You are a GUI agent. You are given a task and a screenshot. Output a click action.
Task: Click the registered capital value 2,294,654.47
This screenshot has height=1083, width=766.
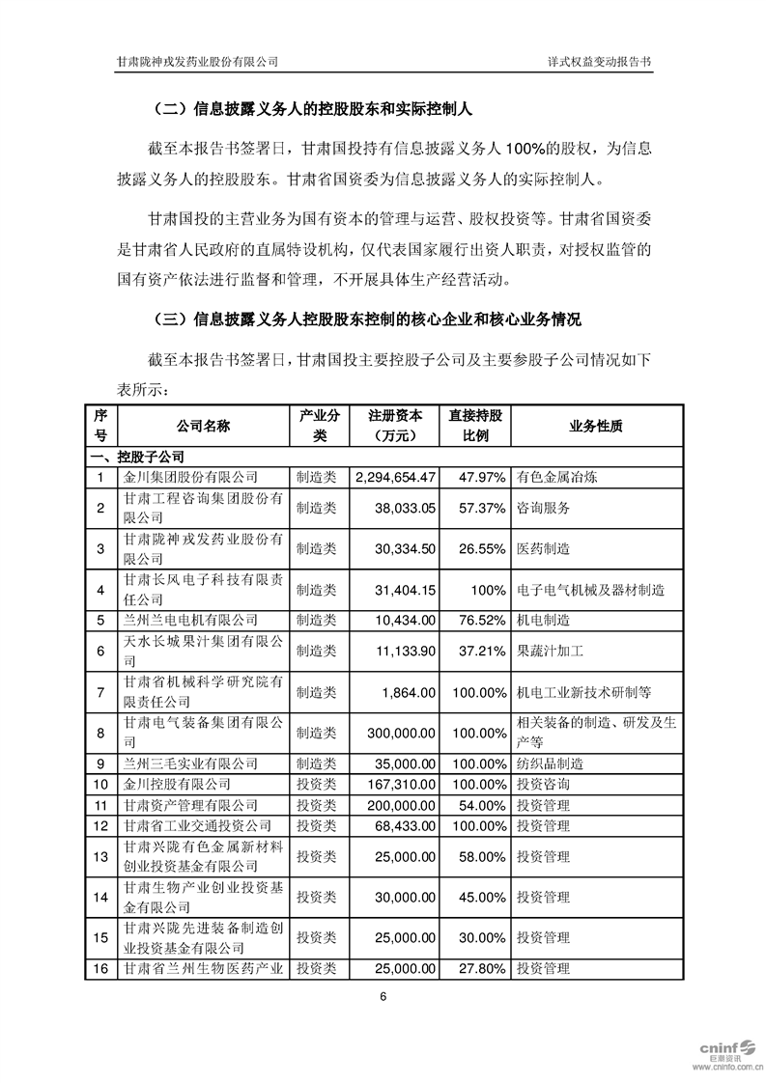coord(397,477)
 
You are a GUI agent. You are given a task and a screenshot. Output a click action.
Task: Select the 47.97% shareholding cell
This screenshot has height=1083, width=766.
coord(481,477)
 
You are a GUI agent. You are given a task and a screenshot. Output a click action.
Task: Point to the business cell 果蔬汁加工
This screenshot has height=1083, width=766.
coord(548,652)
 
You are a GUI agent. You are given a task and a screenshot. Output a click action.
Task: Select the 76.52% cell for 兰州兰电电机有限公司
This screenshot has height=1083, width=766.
coord(481,619)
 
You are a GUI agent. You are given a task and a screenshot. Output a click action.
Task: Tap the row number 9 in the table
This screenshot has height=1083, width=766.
coord(100,764)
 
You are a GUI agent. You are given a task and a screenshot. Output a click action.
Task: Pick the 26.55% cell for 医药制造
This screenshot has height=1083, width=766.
coord(481,548)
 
